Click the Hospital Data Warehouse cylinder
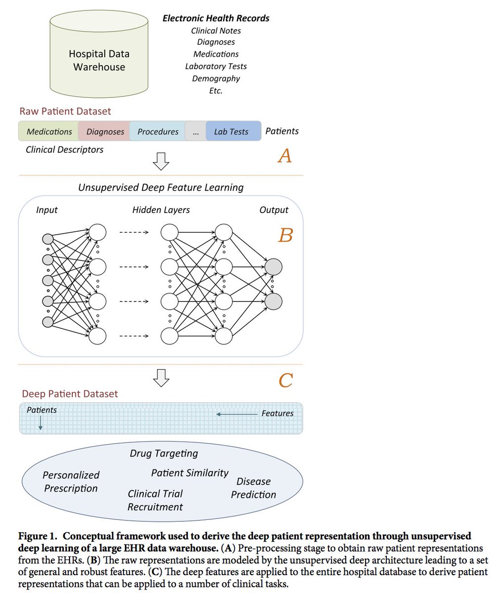click(99, 54)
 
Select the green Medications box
click(48, 131)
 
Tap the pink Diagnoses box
click(104, 131)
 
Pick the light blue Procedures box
click(158, 131)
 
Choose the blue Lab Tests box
click(233, 131)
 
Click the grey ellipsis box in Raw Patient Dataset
click(196, 131)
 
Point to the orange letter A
click(285, 156)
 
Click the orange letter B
click(286, 235)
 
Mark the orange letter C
click(286, 380)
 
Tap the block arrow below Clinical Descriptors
click(161, 161)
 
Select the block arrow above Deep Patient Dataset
click(161, 378)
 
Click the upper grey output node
click(273, 267)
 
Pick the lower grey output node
click(273, 301)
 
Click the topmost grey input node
click(48, 239)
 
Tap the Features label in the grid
click(277, 413)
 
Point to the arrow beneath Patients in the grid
click(41, 423)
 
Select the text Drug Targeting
click(164, 454)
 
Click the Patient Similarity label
click(190, 473)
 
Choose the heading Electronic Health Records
click(216, 18)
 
